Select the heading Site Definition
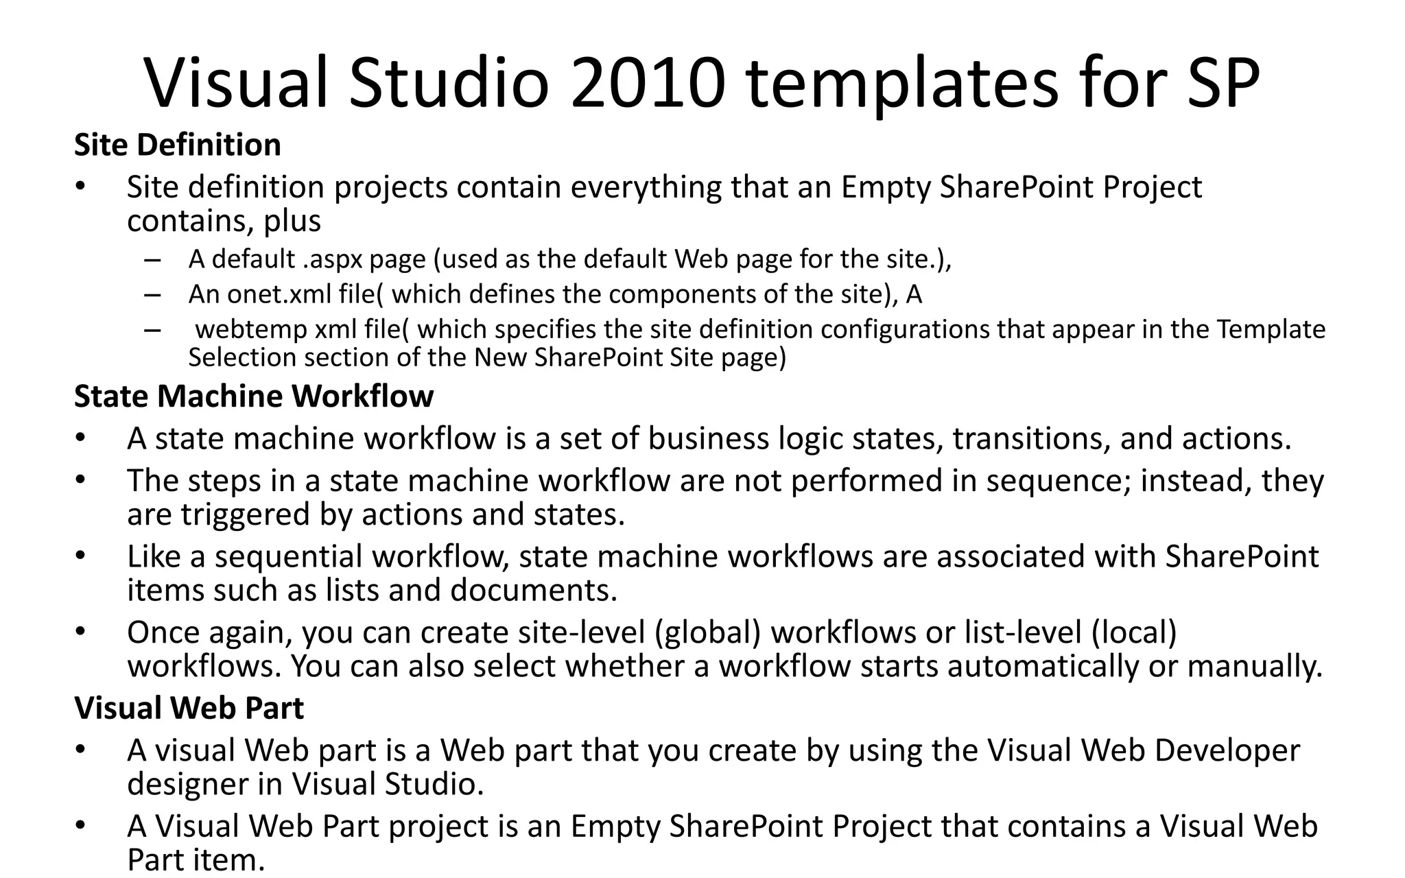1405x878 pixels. pos(177,145)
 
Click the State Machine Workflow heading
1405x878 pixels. pos(253,396)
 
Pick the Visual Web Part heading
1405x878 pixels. pos(189,708)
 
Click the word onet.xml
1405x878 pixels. pos(279,294)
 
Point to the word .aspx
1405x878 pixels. pos(333,259)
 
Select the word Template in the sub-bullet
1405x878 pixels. pos(1271,330)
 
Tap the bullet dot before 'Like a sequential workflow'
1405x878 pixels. pos(81,556)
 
